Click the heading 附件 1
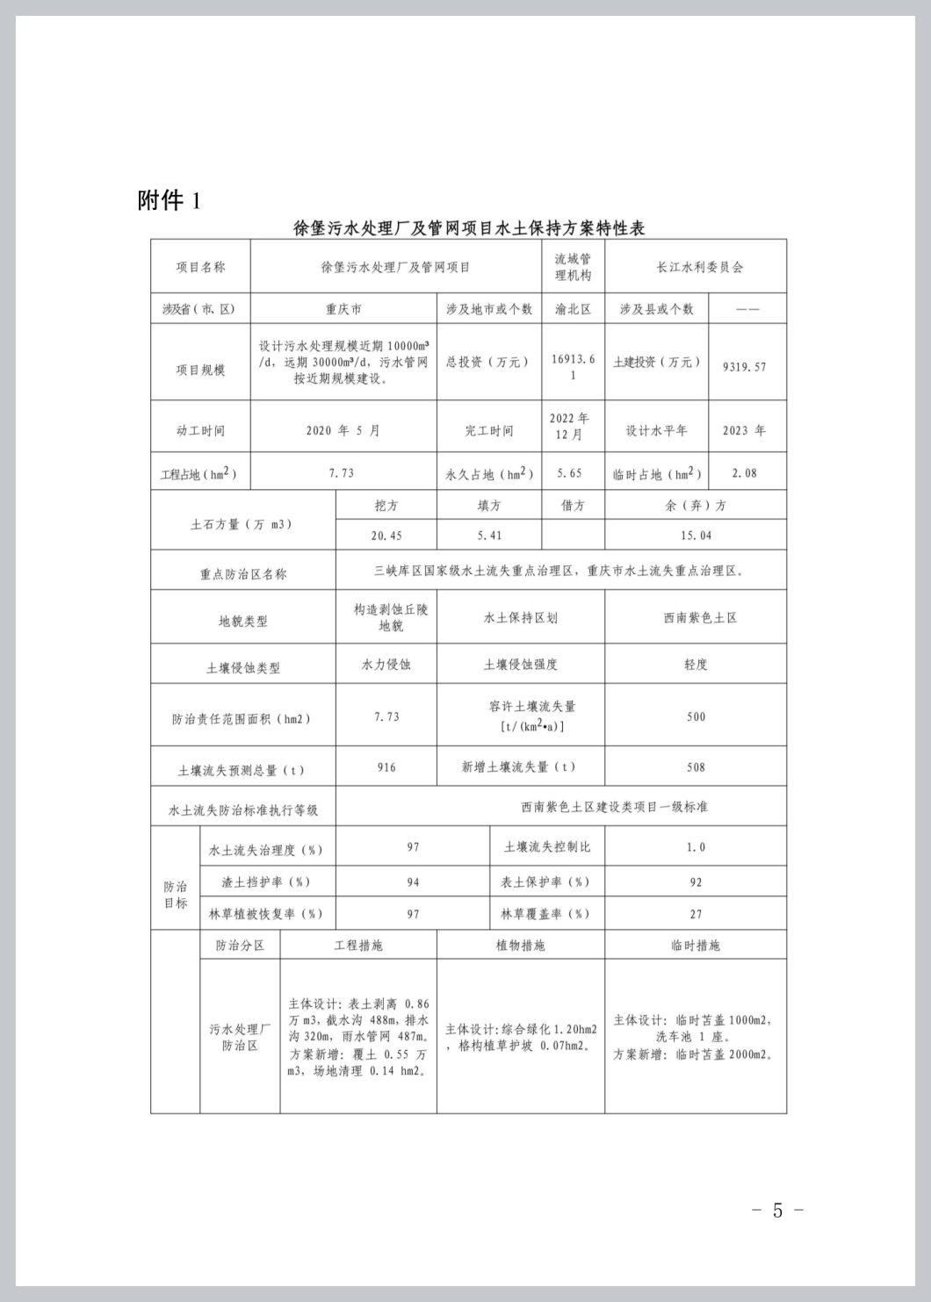tap(169, 200)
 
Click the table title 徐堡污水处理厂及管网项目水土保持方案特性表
tap(468, 228)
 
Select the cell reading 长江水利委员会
tap(699, 267)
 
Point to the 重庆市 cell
tap(343, 309)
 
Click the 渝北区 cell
tap(573, 309)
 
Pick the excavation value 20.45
tap(386, 535)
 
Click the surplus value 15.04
tap(696, 535)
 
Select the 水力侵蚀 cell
tap(386, 665)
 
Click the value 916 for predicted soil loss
tap(386, 767)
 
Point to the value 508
tap(696, 767)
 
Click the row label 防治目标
tap(176, 895)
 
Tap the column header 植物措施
tap(520, 945)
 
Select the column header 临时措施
tap(695, 945)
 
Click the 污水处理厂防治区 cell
tap(240, 1037)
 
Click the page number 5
tap(777, 1210)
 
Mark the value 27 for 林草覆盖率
tap(696, 914)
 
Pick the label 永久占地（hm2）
tap(489, 474)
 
